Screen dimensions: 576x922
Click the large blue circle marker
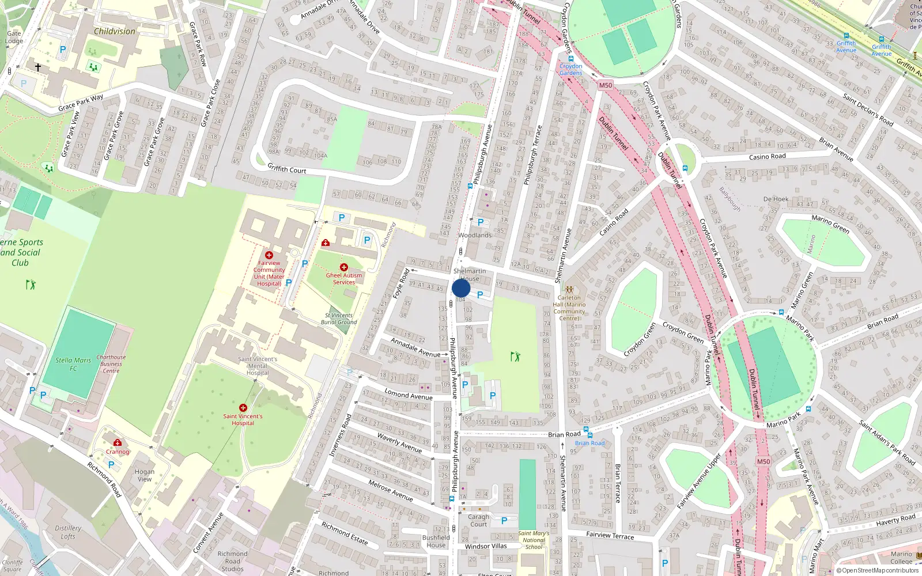point(461,288)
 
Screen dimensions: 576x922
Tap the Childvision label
point(115,31)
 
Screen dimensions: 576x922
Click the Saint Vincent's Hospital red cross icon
point(243,408)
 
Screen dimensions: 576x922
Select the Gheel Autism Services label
point(344,279)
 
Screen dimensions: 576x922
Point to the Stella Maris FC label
point(73,364)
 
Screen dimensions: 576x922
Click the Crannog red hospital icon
point(118,442)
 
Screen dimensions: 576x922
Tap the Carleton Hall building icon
point(569,290)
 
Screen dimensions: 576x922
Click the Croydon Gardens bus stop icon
point(571,59)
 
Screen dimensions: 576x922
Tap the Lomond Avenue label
point(409,395)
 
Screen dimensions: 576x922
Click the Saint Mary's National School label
point(534,540)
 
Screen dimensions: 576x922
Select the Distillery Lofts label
point(68,532)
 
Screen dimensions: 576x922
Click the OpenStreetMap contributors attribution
point(880,570)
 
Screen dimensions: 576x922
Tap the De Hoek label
point(776,199)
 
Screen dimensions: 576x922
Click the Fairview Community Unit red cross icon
point(269,255)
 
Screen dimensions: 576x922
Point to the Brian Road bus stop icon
point(586,430)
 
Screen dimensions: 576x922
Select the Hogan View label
point(145,475)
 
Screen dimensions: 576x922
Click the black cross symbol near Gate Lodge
point(38,67)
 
